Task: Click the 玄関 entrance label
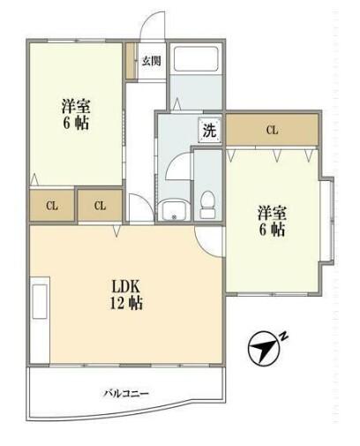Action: click(x=151, y=61)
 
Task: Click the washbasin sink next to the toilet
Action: click(x=173, y=210)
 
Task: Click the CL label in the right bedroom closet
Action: click(x=272, y=131)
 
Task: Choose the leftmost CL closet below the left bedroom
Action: click(x=52, y=206)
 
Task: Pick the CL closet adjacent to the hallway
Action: click(x=101, y=206)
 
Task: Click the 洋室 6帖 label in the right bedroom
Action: click(x=271, y=221)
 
